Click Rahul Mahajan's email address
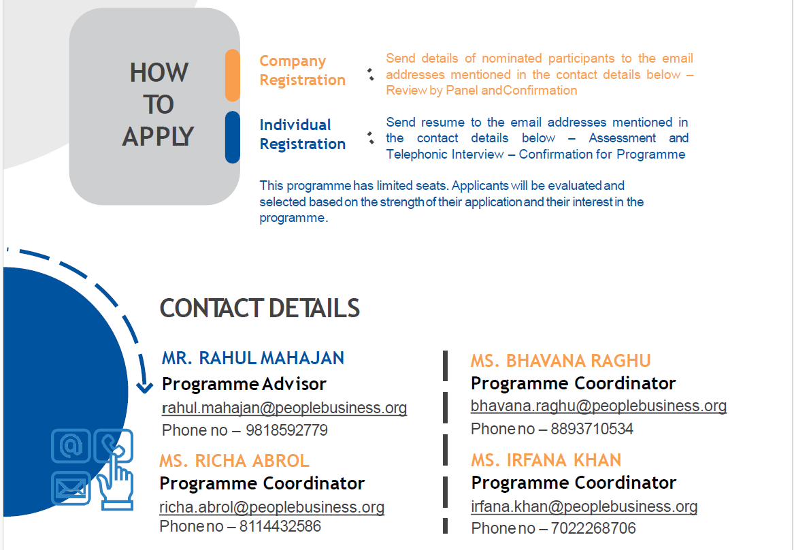(x=284, y=408)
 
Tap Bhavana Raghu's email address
(x=599, y=406)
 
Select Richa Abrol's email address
(x=272, y=508)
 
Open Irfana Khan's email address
(x=584, y=506)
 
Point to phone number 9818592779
(x=286, y=430)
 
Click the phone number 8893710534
(x=592, y=429)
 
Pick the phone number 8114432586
(x=280, y=527)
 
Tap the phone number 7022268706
(x=593, y=529)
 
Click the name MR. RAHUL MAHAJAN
(x=253, y=359)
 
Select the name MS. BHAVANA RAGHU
(x=561, y=361)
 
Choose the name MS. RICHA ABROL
(x=235, y=461)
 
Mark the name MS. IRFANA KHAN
(x=546, y=460)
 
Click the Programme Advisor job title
(x=244, y=385)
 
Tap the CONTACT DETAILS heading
(x=260, y=308)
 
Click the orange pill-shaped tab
(x=233, y=76)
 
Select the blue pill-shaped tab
(x=233, y=137)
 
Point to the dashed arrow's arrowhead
(x=144, y=387)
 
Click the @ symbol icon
(x=71, y=446)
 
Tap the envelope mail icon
(x=71, y=488)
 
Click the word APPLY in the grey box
(x=158, y=137)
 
